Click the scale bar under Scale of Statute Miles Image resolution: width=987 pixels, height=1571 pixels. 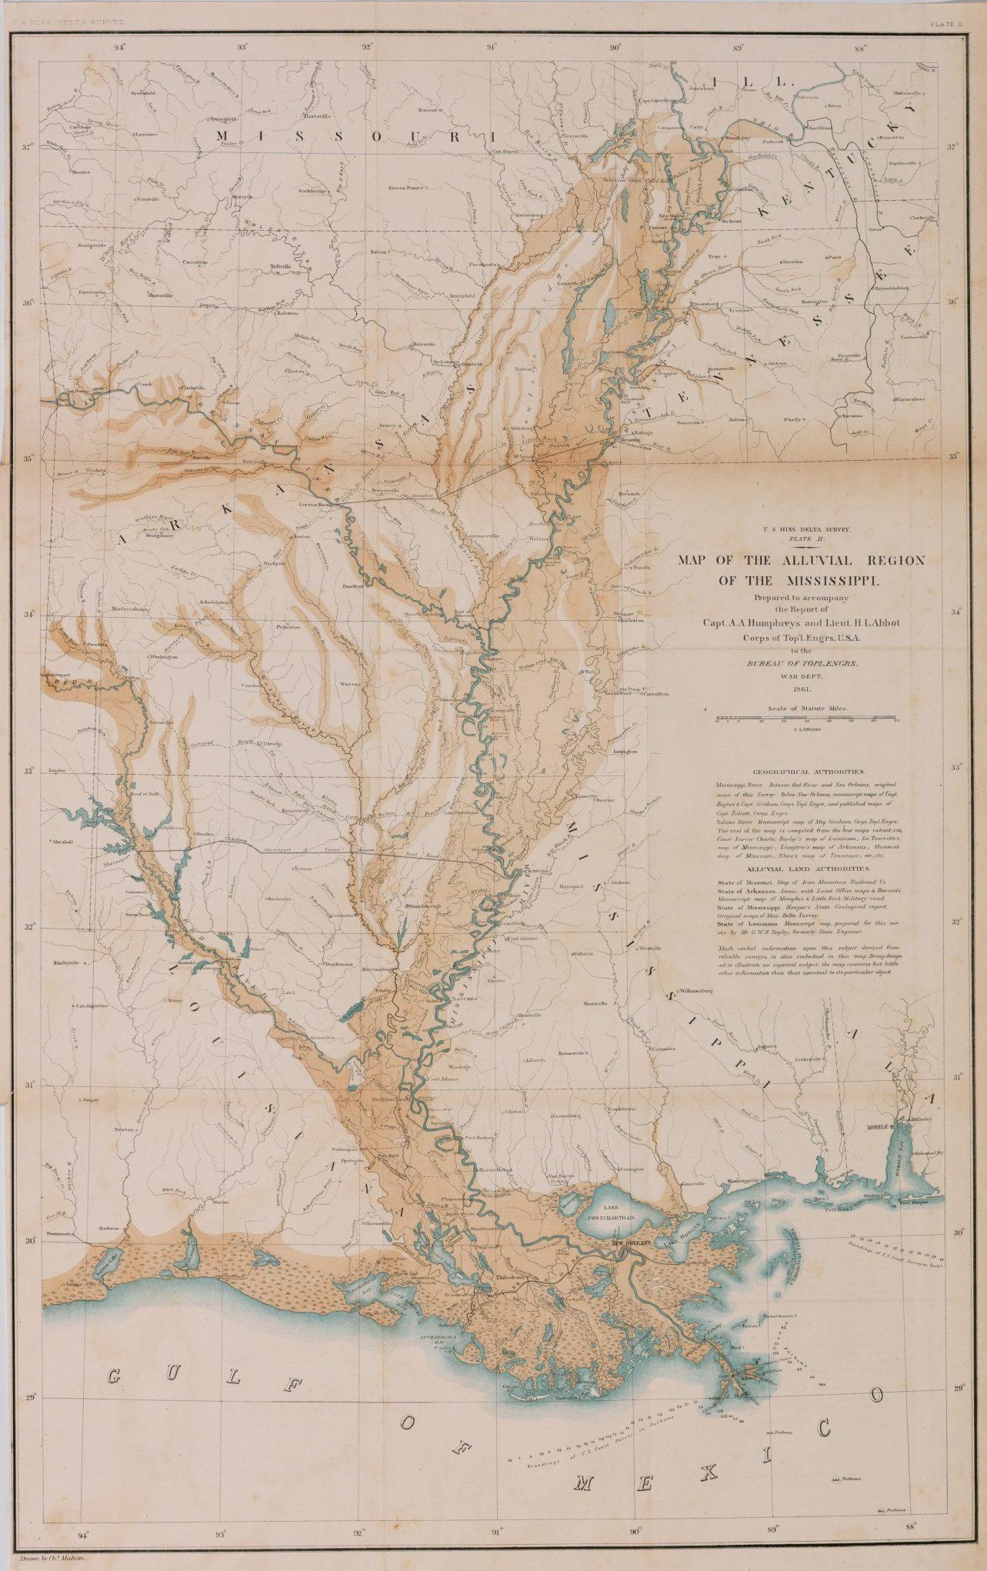[x=807, y=720]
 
